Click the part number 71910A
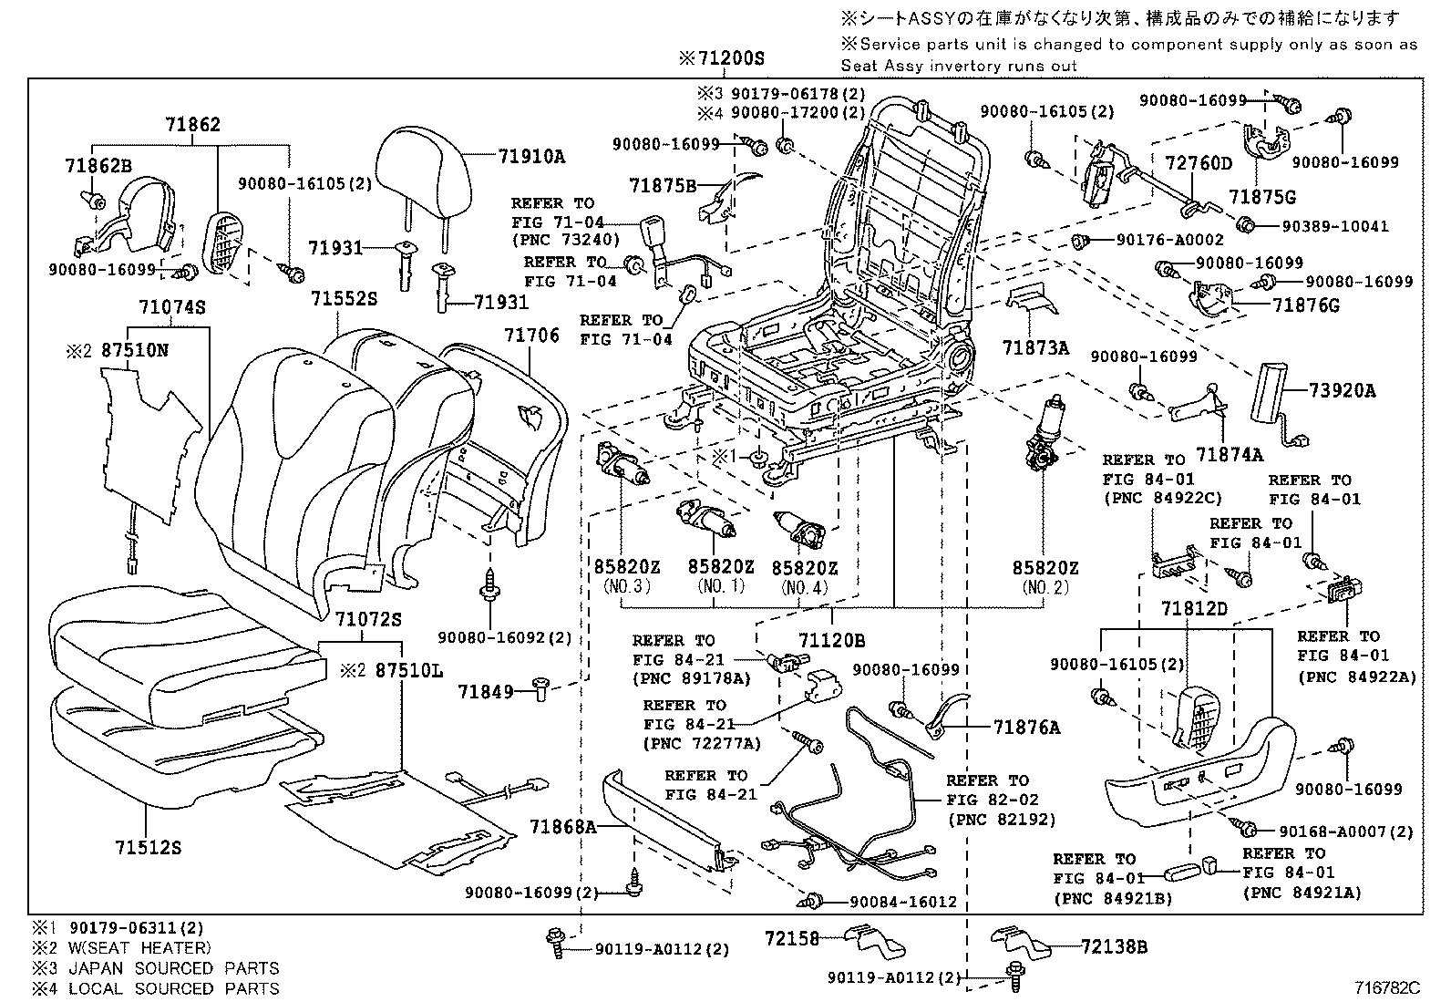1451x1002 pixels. (531, 157)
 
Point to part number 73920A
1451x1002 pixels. (1343, 391)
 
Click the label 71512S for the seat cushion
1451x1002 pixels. (148, 847)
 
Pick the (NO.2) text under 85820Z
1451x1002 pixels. (1045, 588)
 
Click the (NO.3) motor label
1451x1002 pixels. (627, 587)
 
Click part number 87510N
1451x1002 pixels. (134, 350)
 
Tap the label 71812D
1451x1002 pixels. (1194, 608)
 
